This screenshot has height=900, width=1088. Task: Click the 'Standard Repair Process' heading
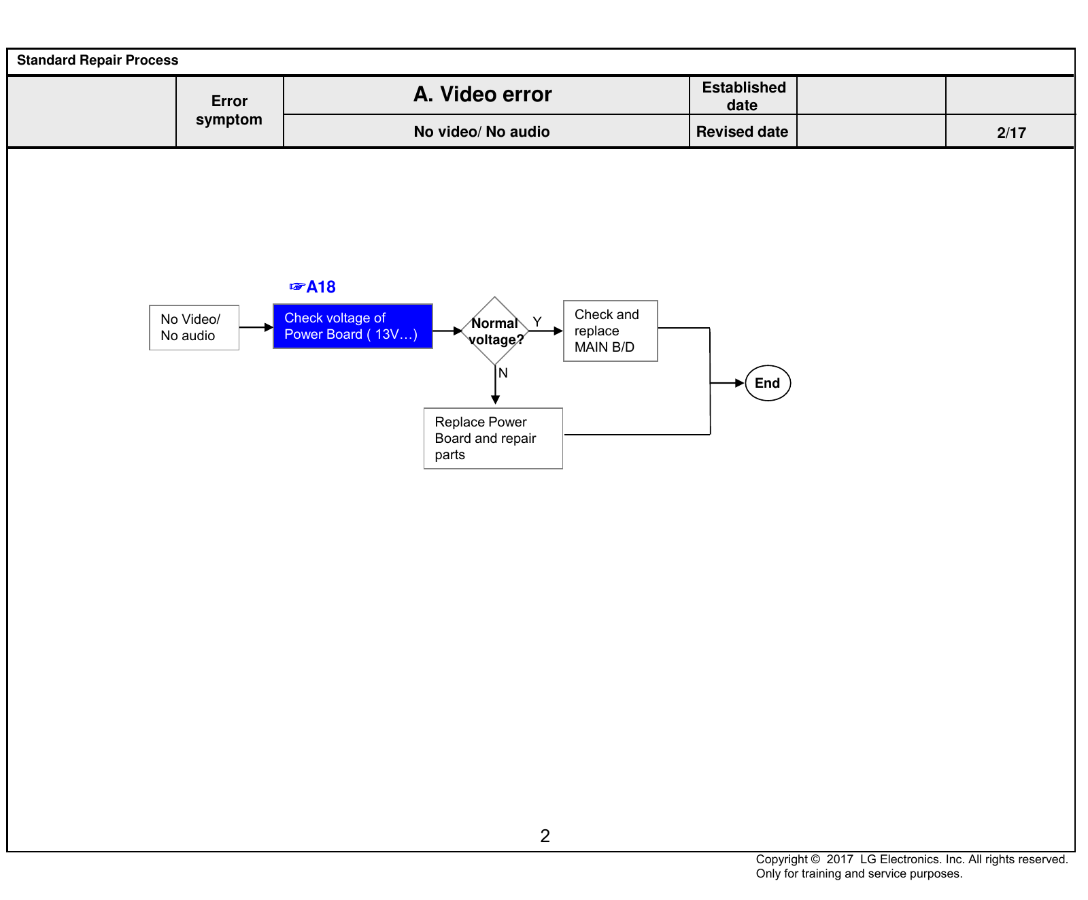pos(97,60)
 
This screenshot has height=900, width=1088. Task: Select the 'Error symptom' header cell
pos(229,111)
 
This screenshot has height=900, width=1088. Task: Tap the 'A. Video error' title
pos(483,95)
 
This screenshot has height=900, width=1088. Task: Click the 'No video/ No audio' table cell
pos(482,131)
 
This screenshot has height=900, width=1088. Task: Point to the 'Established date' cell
pos(743,96)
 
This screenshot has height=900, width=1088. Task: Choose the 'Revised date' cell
pos(743,131)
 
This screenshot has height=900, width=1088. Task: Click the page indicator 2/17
pos(1011,133)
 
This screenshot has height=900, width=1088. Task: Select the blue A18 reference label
pos(313,287)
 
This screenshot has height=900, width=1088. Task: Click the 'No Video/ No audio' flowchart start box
pos(194,327)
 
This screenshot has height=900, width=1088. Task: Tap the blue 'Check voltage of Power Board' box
pos(353,326)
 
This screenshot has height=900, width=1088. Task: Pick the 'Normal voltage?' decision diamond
pos(495,331)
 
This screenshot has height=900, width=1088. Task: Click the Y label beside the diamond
pos(537,322)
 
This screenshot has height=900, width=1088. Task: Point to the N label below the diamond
pos(503,373)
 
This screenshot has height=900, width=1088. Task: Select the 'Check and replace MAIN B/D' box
pos(611,331)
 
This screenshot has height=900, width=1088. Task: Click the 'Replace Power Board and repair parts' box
pos(493,438)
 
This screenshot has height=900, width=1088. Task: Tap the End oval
pos(768,383)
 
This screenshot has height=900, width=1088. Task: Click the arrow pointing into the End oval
pos(728,383)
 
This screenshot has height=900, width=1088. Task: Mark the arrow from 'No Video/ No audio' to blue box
pos(256,327)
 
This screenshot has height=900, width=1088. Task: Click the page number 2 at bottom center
pos(545,836)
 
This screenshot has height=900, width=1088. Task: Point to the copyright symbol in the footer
pos(815,859)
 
